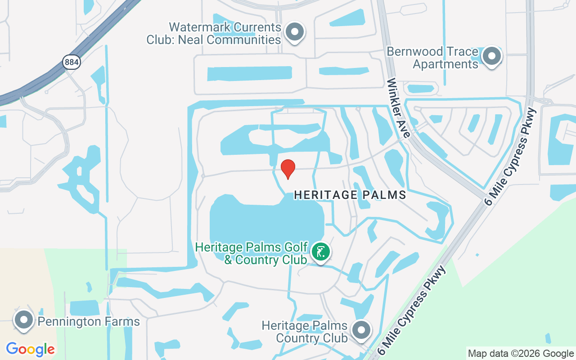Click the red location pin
pyautogui.click(x=288, y=169)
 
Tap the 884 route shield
pyautogui.click(x=72, y=62)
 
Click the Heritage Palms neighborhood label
pyautogui.click(x=350, y=195)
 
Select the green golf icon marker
pyautogui.click(x=320, y=252)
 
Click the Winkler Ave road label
pyautogui.click(x=399, y=108)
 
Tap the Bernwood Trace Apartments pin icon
pyautogui.click(x=491, y=57)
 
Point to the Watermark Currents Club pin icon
pyautogui.click(x=295, y=32)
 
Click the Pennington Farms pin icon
pyautogui.click(x=23, y=320)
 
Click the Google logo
pyautogui.click(x=30, y=349)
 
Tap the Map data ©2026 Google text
pyautogui.click(x=521, y=354)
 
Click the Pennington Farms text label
pyautogui.click(x=89, y=322)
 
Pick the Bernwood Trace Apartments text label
pyautogui.click(x=433, y=58)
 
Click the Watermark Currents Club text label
pyautogui.click(x=214, y=34)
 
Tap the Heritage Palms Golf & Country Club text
pyautogui.click(x=252, y=253)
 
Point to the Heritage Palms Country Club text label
pyautogui.click(x=305, y=331)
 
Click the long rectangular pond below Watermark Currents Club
pyautogui.click(x=249, y=73)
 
